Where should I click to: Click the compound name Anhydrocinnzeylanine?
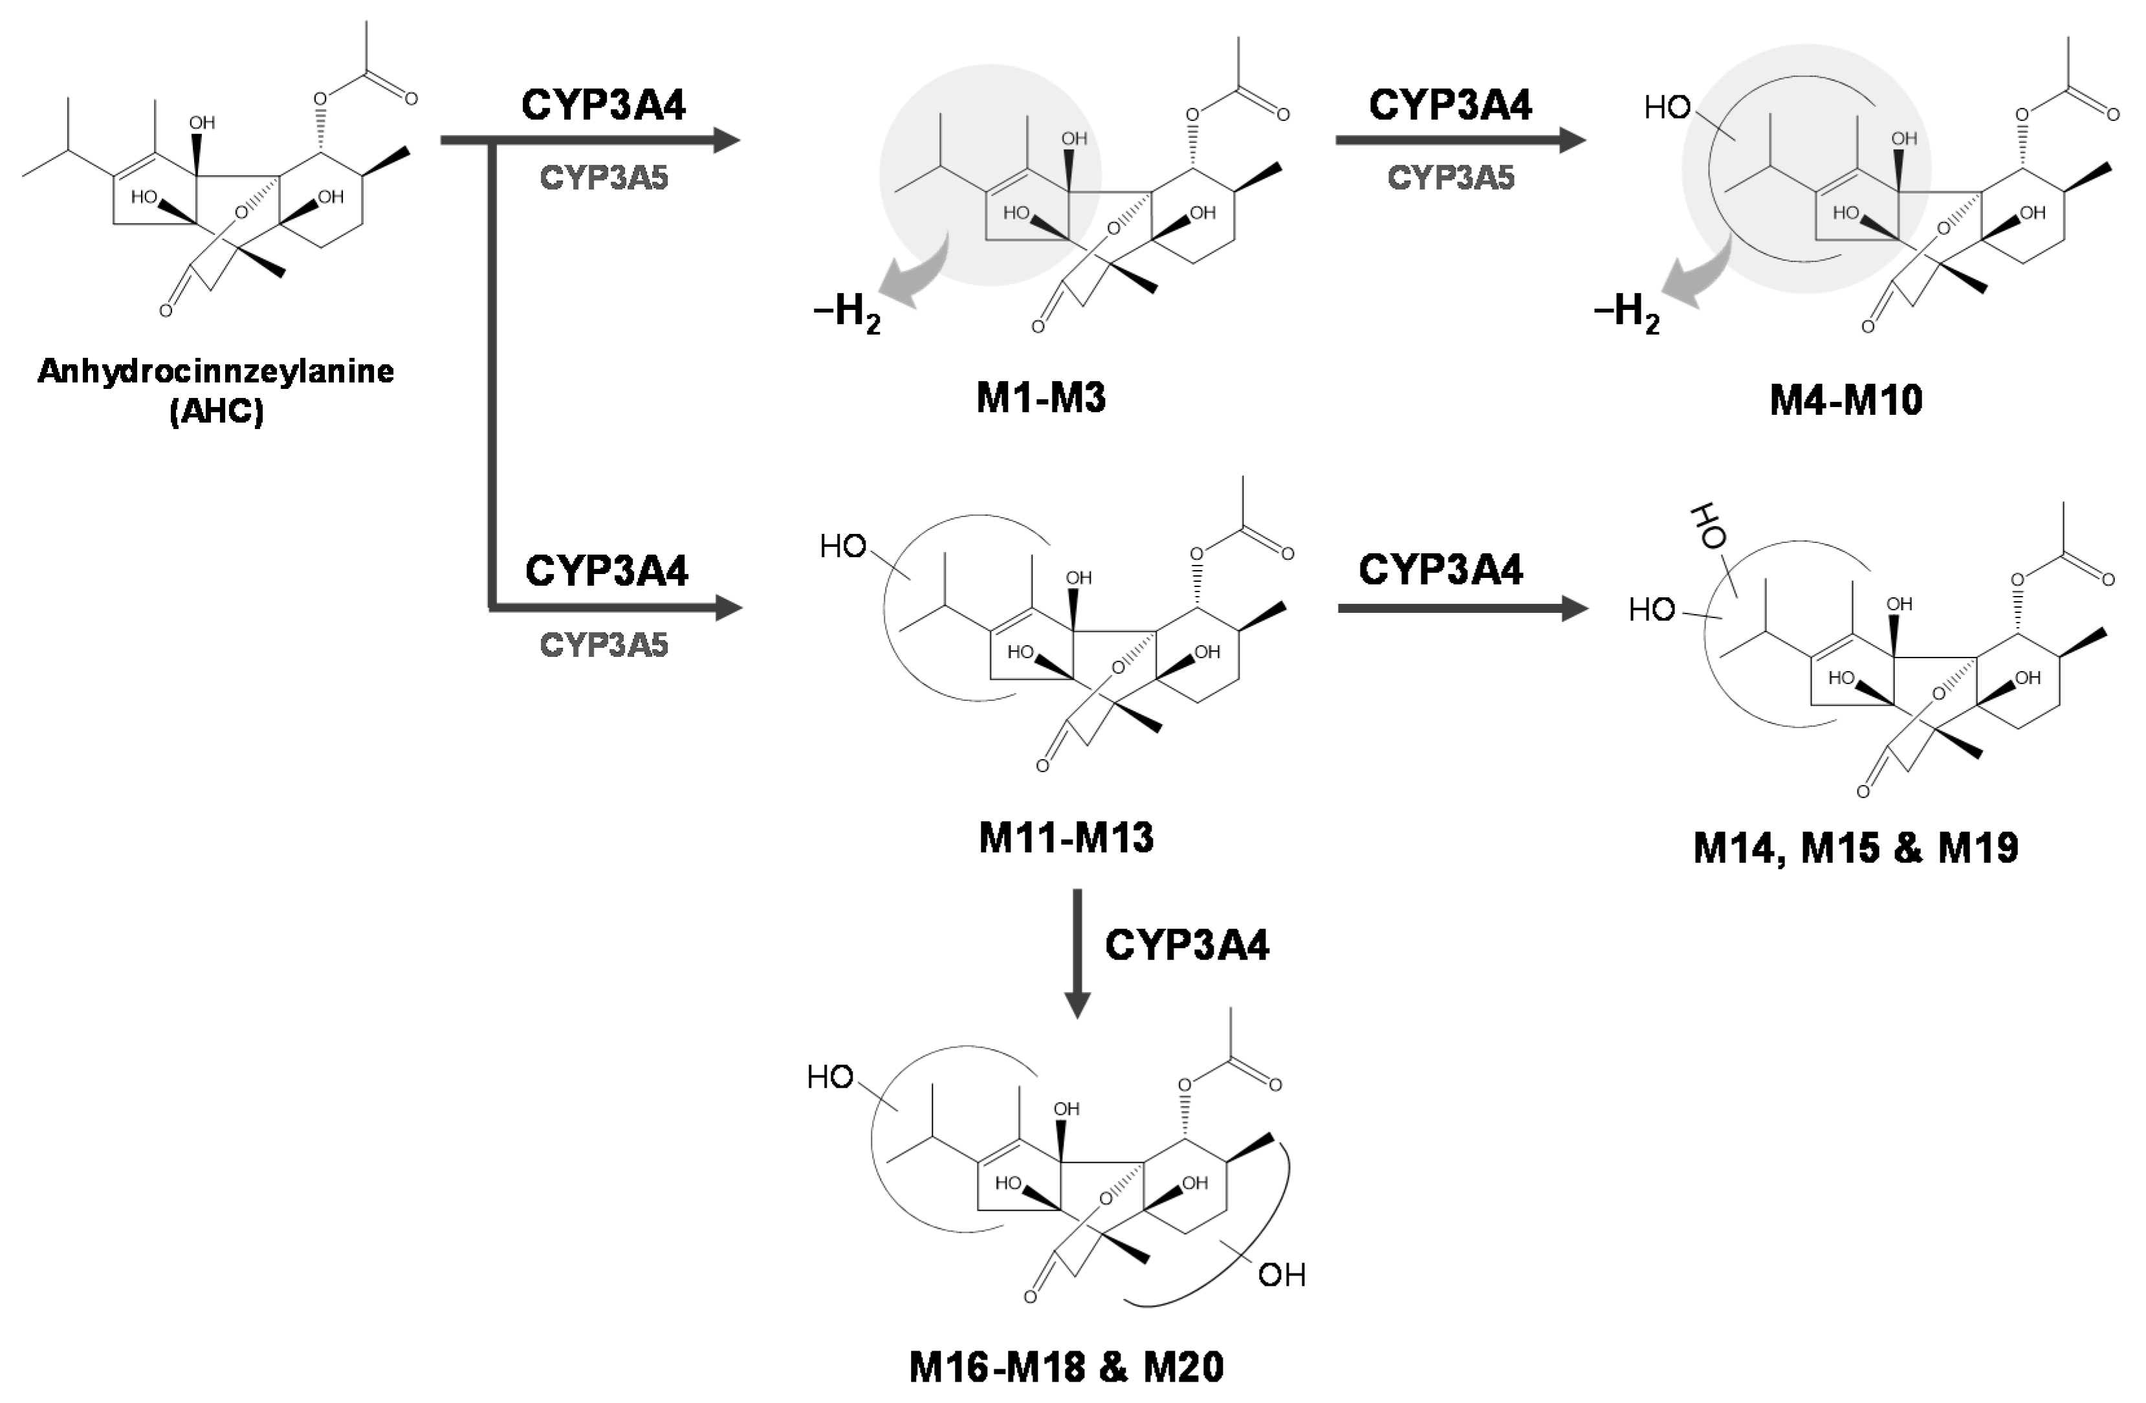click(x=215, y=371)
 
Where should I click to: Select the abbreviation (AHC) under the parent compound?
click(x=216, y=412)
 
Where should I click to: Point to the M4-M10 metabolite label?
click(x=1846, y=399)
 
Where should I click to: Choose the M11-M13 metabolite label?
click(x=1066, y=837)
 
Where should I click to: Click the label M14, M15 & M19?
click(x=1856, y=848)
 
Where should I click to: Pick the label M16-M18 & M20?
click(x=1066, y=1367)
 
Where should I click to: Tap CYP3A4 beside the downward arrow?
click(x=1187, y=945)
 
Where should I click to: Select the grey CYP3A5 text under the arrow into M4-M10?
click(x=1451, y=177)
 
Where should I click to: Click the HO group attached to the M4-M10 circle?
click(x=1667, y=108)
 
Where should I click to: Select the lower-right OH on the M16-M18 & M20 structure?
click(x=1281, y=1274)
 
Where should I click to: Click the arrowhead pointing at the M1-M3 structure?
click(x=726, y=140)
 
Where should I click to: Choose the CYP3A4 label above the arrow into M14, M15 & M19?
click(x=1440, y=569)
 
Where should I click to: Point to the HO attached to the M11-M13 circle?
click(x=843, y=546)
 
